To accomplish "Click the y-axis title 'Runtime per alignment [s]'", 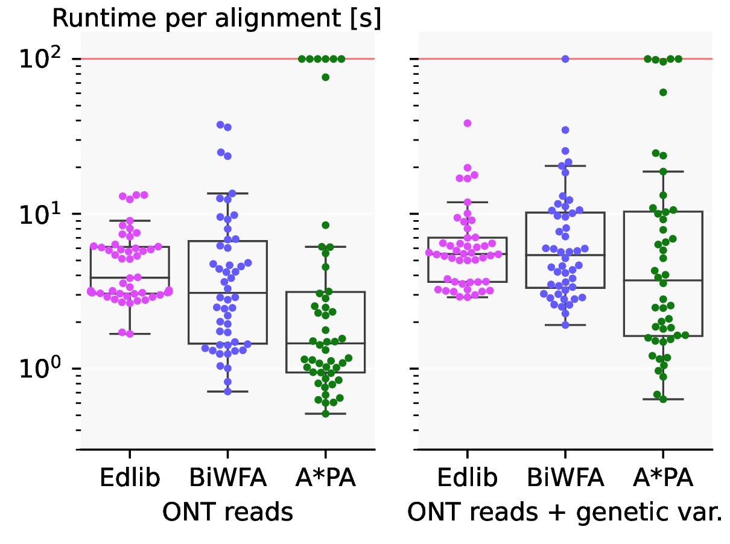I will coord(216,19).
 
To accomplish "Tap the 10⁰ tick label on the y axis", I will coord(40,370).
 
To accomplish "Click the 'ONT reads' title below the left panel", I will coord(227,512).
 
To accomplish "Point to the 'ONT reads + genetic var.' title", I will coord(565,512).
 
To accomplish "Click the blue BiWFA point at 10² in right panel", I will coord(565,59).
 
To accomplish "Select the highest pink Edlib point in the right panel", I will coord(467,123).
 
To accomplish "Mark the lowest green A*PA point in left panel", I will coord(326,414).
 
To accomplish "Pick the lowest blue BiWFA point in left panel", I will coord(228,391).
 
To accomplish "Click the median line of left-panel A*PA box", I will coord(326,343).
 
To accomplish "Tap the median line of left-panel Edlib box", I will coord(130,277).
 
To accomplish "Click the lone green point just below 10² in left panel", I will coord(326,77).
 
